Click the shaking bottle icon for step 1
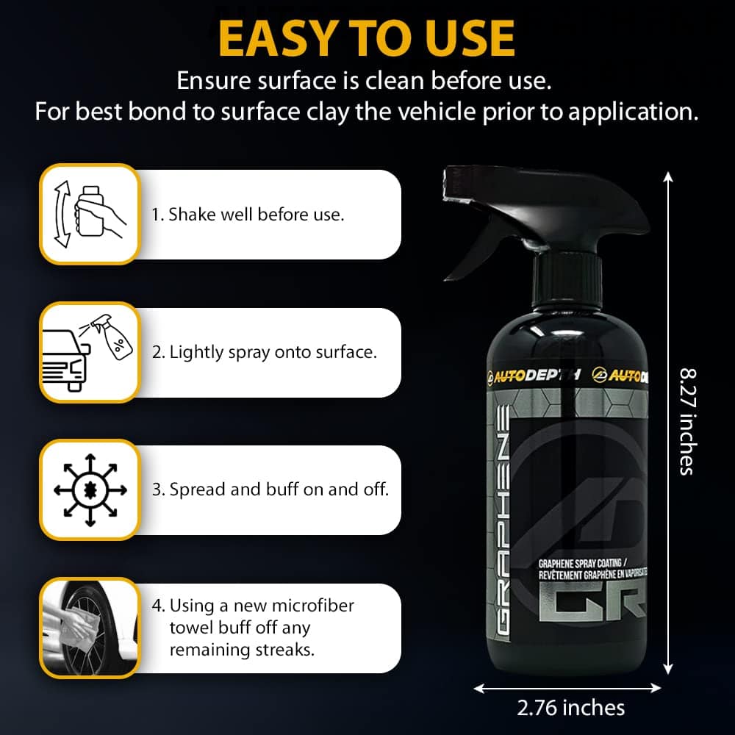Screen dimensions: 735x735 pos(90,214)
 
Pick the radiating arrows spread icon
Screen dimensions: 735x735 pos(90,490)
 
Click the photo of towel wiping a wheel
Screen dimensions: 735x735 pos(90,628)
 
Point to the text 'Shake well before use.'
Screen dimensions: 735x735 pos(256,215)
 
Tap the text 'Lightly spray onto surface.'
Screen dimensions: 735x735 pos(273,353)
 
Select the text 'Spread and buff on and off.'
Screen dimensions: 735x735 pos(279,490)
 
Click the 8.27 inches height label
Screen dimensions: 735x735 pos(688,422)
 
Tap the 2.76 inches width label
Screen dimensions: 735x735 pos(570,708)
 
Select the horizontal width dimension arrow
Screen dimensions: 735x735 pos(567,688)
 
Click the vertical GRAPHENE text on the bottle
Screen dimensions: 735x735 pos(503,520)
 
